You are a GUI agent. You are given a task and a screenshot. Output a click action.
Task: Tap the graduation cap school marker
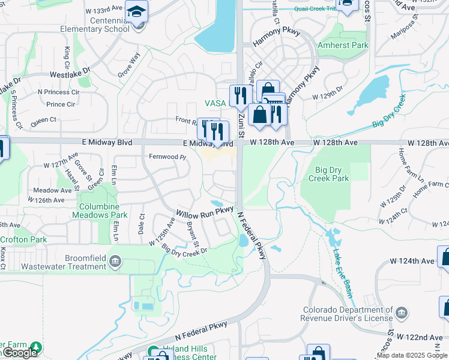coord(137,13)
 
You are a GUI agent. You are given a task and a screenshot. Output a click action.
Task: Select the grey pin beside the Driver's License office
coord(402,313)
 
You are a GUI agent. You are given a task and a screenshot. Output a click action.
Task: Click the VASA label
coord(215,103)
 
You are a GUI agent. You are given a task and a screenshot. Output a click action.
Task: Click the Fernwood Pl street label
coord(168,157)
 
